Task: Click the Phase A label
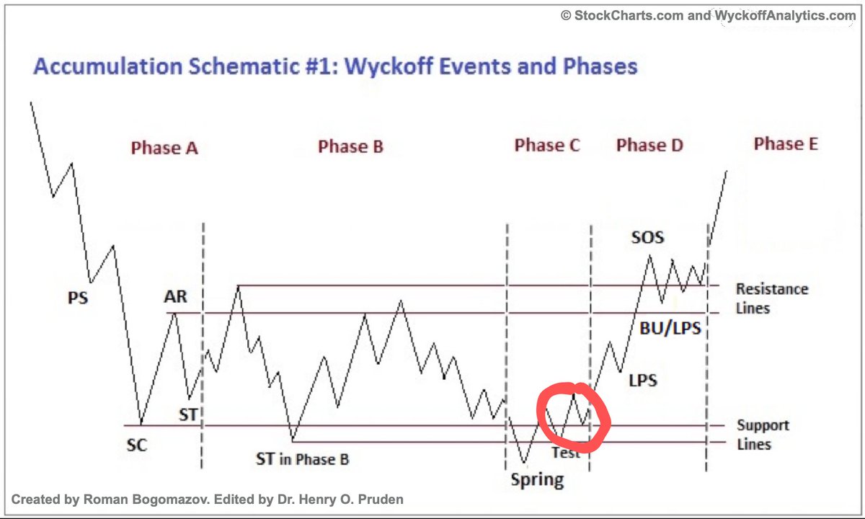point(164,148)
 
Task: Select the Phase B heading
point(350,147)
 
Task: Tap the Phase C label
point(546,146)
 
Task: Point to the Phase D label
point(649,146)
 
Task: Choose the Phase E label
point(786,144)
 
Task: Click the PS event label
point(77,297)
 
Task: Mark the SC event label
point(136,445)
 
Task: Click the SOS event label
point(647,237)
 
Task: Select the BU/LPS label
point(670,329)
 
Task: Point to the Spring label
point(537,479)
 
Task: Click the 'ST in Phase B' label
point(303,458)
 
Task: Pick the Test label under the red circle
point(566,453)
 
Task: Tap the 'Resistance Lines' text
point(771,298)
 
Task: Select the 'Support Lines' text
point(763,435)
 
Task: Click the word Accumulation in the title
point(108,67)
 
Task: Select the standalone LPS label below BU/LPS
point(642,380)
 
